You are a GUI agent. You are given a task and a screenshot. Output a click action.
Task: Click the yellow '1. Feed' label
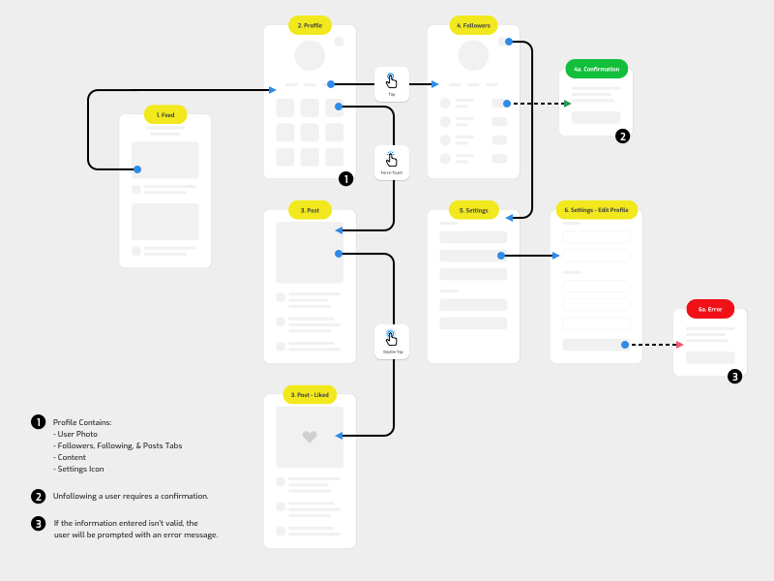click(165, 114)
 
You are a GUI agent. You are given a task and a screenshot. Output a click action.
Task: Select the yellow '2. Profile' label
click(310, 25)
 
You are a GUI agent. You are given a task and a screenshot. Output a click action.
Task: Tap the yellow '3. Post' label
click(310, 209)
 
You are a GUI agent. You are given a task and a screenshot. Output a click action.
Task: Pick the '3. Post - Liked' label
click(310, 395)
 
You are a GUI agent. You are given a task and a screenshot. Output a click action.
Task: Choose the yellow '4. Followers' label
click(473, 25)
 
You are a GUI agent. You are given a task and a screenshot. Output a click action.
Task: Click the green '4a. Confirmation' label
click(596, 69)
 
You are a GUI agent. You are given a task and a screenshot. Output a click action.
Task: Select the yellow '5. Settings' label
click(473, 209)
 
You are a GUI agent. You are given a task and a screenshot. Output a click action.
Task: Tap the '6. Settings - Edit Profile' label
click(596, 209)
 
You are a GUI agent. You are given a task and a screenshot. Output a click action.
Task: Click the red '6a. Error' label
click(710, 309)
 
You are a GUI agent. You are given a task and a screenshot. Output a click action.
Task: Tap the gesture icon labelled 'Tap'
click(392, 81)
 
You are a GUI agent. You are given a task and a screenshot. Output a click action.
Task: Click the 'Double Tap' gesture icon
click(392, 339)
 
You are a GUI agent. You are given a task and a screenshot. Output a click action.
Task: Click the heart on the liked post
click(310, 437)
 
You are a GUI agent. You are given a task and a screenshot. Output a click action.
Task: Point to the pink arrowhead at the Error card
click(680, 344)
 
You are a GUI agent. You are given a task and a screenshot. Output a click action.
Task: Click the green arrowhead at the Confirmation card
click(568, 103)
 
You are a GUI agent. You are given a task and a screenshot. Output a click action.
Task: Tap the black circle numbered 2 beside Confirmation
click(623, 137)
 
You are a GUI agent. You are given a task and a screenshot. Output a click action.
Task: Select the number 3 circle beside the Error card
click(735, 377)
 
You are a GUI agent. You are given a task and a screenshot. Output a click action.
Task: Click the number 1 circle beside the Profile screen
click(346, 178)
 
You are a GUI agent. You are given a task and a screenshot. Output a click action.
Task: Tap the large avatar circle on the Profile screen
click(310, 55)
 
